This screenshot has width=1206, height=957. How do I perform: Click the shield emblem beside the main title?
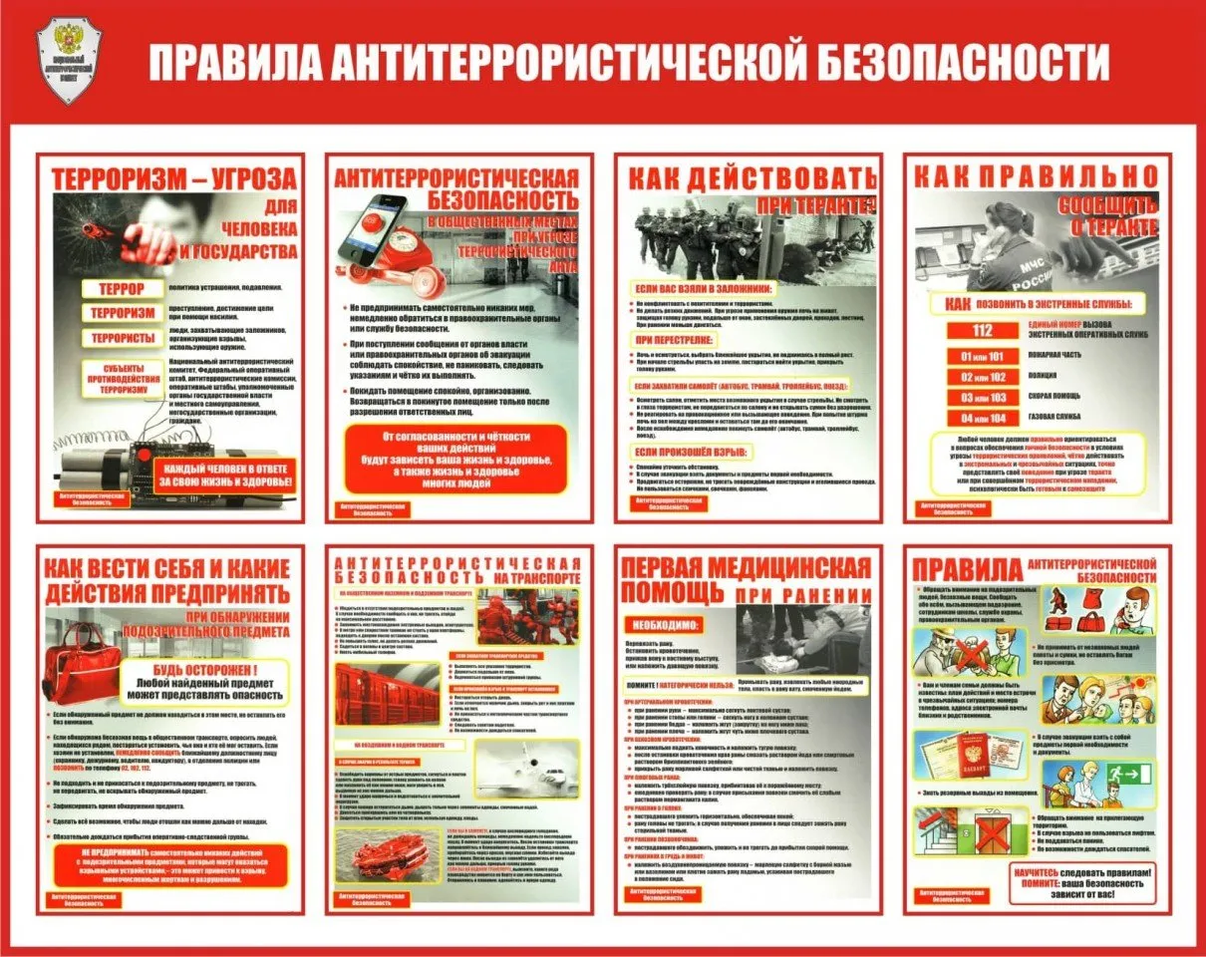tap(70, 61)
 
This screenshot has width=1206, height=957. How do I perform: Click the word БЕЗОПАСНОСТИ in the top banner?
tap(964, 61)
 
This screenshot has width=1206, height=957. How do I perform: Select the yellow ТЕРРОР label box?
tap(120, 289)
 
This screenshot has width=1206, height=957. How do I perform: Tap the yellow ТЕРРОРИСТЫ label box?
tap(120, 337)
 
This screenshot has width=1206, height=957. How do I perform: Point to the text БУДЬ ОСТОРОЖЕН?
tap(203, 670)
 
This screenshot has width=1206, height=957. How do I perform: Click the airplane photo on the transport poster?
tap(527, 769)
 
